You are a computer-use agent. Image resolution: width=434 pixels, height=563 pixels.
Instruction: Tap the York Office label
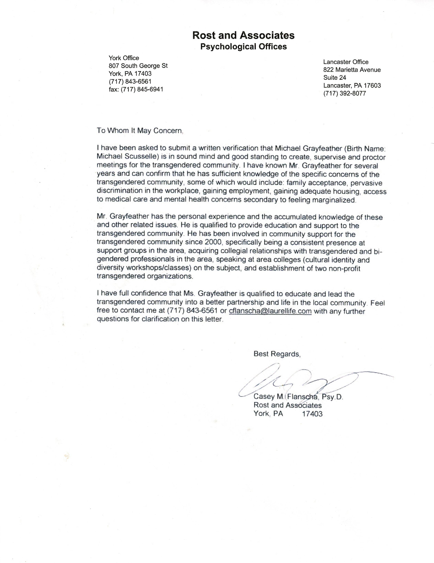[124, 58]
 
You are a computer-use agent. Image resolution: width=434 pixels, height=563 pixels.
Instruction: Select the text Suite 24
[335, 78]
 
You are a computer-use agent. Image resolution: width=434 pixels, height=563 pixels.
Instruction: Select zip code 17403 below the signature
[312, 414]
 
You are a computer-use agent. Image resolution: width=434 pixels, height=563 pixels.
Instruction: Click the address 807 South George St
[138, 66]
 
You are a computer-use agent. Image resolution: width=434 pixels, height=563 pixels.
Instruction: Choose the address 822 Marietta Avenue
[352, 70]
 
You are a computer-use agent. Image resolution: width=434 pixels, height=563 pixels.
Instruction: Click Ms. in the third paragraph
[189, 293]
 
